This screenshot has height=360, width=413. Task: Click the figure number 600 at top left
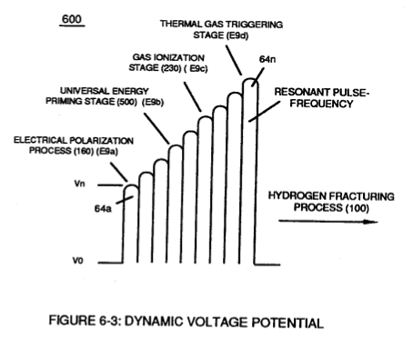72,19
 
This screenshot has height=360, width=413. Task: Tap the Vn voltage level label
79,184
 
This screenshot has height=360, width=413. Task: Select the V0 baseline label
77,261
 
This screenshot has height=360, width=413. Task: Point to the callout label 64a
103,208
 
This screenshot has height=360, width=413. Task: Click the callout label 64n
267,59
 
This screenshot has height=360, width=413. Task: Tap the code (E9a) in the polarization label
107,151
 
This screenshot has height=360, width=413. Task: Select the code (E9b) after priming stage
153,103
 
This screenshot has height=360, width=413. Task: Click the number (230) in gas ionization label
171,68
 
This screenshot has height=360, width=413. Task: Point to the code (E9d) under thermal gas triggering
237,35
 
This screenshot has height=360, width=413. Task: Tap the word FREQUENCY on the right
321,104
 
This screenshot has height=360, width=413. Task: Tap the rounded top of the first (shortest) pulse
131,186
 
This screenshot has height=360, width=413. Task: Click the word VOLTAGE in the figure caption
217,322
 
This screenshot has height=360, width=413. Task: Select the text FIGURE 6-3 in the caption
86,321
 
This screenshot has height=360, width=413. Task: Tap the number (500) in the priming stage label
126,102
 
